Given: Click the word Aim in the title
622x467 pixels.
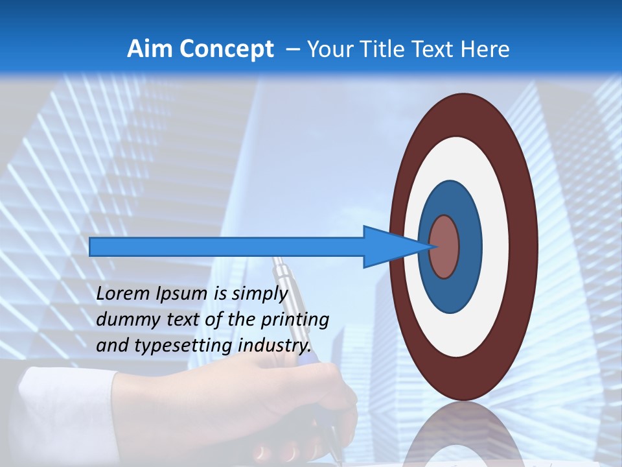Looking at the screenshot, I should pyautogui.click(x=150, y=49).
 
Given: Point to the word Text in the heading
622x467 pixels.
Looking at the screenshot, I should pyautogui.click(x=435, y=49).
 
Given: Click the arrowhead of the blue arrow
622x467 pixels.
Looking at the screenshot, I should pyautogui.click(x=395, y=246).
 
